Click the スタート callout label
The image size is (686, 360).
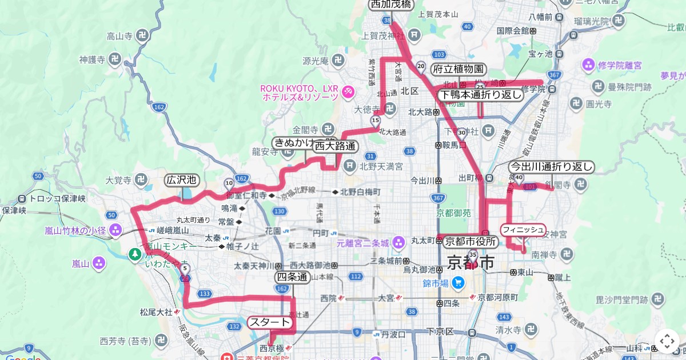click(x=270, y=322)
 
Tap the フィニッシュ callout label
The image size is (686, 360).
click(x=523, y=230)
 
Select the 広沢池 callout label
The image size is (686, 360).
click(x=181, y=180)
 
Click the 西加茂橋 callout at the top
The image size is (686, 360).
click(x=390, y=5)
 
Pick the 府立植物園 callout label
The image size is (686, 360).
click(x=458, y=70)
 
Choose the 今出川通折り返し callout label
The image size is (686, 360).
click(x=552, y=167)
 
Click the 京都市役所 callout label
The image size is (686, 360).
click(x=470, y=241)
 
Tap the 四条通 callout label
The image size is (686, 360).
click(x=292, y=277)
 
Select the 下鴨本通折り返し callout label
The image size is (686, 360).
click(x=481, y=95)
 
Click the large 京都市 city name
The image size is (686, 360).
click(x=471, y=264)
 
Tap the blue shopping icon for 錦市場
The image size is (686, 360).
click(x=458, y=282)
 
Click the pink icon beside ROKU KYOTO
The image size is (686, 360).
click(x=348, y=92)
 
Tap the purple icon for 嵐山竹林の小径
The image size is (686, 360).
click(x=116, y=231)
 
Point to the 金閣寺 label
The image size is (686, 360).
click(x=304, y=130)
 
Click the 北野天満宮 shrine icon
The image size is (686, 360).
click(x=349, y=167)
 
